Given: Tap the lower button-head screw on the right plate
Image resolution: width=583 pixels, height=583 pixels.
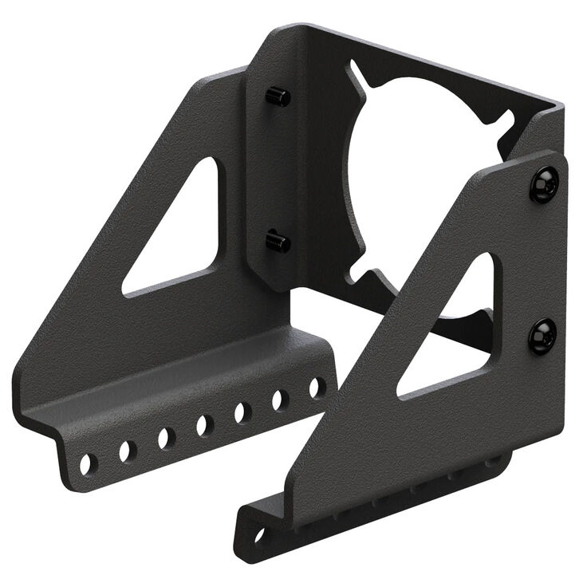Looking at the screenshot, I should [x=544, y=337].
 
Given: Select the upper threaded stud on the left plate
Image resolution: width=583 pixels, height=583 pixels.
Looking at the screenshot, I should [x=278, y=97].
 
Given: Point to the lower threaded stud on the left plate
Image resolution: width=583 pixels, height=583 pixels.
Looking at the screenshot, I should [x=278, y=241].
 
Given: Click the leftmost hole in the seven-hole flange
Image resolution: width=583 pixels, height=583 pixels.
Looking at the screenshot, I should [x=89, y=461].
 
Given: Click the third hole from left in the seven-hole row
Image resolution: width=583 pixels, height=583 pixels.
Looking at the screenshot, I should [x=166, y=438].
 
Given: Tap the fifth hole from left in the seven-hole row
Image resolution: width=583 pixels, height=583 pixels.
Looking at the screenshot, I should [x=242, y=412].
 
